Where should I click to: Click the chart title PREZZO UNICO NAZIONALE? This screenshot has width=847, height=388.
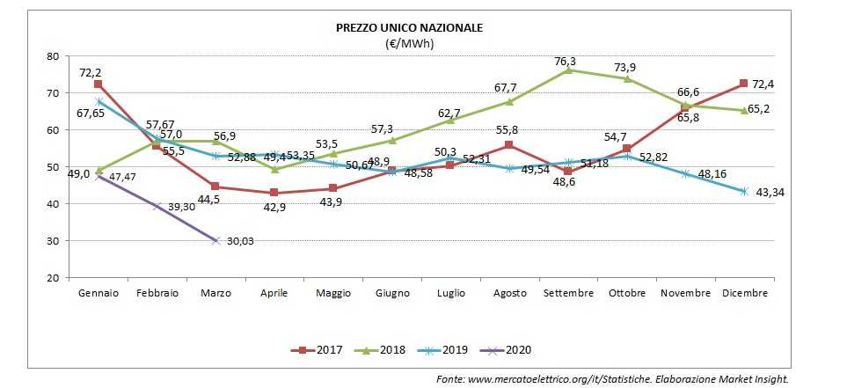(410, 28)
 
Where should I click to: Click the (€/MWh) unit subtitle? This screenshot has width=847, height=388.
(410, 43)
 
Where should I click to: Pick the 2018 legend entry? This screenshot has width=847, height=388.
(385, 350)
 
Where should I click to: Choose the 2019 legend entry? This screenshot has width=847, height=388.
(449, 350)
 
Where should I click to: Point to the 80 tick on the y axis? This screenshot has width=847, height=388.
(52, 56)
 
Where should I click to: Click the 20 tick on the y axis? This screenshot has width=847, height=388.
(52, 278)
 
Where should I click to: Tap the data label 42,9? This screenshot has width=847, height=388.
(274, 207)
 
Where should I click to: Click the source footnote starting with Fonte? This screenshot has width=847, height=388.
(613, 378)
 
